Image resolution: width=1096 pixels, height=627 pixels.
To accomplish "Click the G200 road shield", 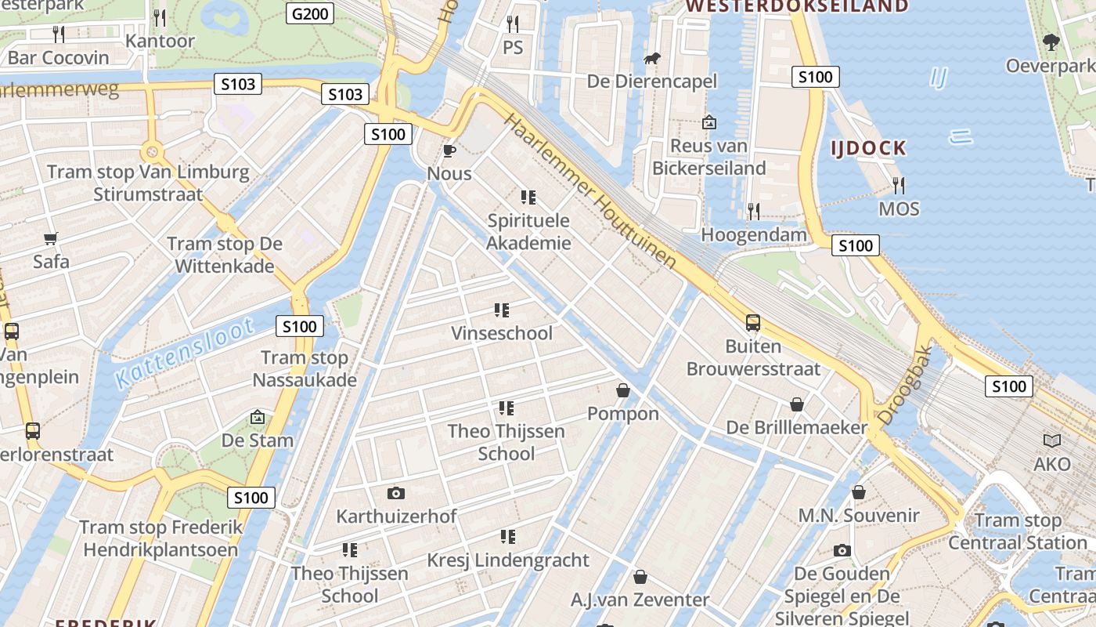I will (x=311, y=13).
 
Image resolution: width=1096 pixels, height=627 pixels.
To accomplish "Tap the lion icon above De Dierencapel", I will (x=651, y=59).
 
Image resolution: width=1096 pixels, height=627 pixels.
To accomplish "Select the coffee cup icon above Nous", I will (x=449, y=150).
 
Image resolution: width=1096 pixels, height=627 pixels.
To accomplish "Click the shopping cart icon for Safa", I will (x=51, y=238).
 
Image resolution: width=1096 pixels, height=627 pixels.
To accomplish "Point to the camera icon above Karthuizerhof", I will (x=396, y=493).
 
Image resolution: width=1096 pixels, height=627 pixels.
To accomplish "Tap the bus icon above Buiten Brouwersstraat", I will (x=752, y=322).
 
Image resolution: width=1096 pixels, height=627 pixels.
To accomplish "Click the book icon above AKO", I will (x=1051, y=440).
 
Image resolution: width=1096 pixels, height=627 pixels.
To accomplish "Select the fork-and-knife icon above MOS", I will (x=899, y=186).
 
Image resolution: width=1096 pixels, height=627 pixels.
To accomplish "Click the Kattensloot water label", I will (x=185, y=353).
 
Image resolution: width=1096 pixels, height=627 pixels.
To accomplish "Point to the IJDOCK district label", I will (x=869, y=148).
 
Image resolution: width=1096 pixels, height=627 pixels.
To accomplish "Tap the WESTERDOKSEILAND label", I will (x=797, y=6).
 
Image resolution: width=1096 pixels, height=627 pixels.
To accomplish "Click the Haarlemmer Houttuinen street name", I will (x=589, y=190).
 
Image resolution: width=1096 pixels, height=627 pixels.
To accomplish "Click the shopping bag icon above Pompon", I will (x=623, y=390).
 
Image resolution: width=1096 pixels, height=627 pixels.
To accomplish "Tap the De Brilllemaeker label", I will (x=797, y=428).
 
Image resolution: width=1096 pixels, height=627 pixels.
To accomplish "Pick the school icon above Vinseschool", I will (x=502, y=310).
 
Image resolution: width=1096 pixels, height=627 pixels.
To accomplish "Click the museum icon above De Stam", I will (x=257, y=417).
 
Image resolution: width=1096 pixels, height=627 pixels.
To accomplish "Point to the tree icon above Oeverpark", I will (x=1051, y=42).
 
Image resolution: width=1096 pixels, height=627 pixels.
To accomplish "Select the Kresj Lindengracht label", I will (x=507, y=560).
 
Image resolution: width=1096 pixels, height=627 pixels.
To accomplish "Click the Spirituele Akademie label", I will (x=528, y=232).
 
